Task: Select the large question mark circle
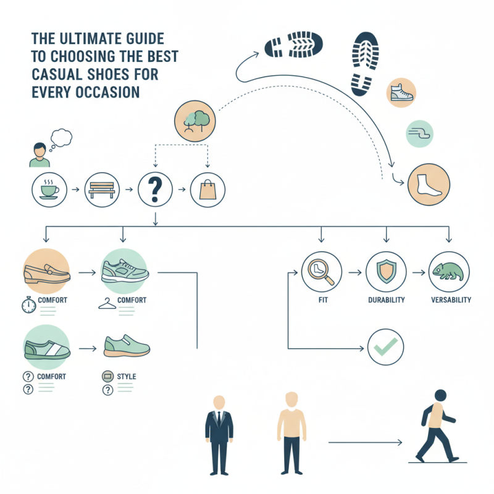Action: tap(154, 188)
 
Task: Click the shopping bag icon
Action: tap(207, 188)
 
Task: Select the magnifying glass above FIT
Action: tap(321, 270)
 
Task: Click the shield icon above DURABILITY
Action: tap(385, 270)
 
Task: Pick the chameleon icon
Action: tap(449, 270)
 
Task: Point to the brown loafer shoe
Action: tap(47, 272)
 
